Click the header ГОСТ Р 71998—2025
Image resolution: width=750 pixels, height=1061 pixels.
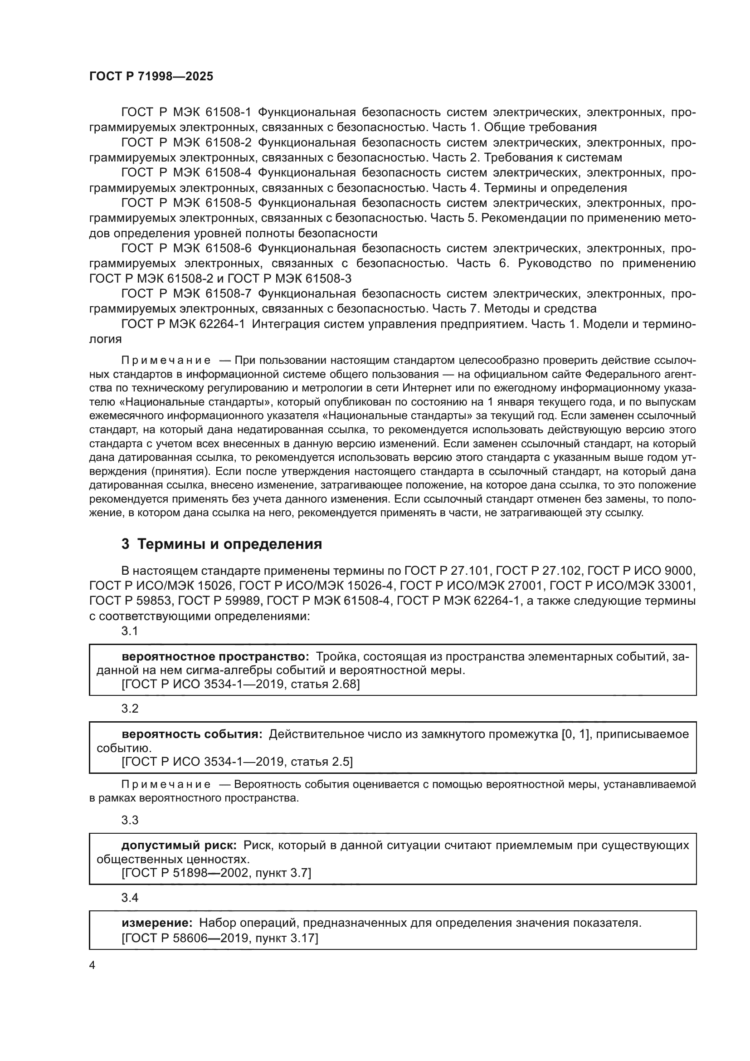(x=151, y=77)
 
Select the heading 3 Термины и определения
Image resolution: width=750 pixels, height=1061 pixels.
(x=222, y=544)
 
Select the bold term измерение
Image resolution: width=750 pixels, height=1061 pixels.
(x=157, y=923)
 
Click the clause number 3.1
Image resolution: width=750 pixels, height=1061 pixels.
(x=130, y=631)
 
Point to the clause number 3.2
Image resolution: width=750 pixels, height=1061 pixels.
(x=130, y=709)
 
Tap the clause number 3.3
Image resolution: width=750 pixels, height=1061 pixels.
(x=130, y=820)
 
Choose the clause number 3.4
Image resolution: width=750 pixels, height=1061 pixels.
(x=130, y=898)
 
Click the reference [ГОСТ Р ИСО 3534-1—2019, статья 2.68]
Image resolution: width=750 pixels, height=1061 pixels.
(x=240, y=685)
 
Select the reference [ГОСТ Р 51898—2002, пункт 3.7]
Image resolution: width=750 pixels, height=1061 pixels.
(x=216, y=873)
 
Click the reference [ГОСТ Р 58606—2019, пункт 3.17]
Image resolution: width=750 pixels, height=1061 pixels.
(x=220, y=939)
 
